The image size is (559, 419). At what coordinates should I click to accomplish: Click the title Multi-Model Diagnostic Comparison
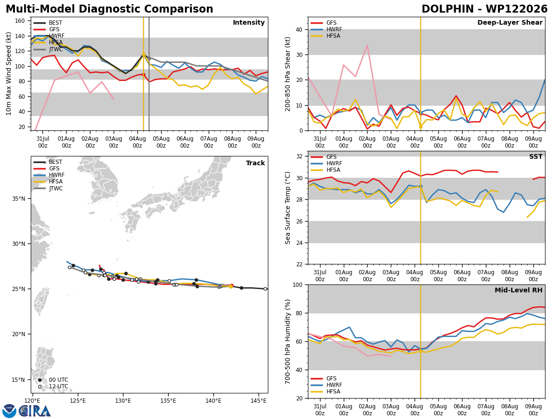(x=109, y=9)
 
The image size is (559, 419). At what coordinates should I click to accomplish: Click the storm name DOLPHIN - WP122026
(x=484, y=9)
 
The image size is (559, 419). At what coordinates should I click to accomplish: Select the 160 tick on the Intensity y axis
(x=20, y=21)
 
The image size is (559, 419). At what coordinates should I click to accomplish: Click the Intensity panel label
(x=249, y=22)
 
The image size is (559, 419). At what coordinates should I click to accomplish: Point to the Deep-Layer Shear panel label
(x=510, y=22)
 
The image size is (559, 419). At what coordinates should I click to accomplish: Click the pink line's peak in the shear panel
(x=367, y=45)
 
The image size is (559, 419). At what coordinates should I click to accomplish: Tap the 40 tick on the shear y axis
(x=299, y=29)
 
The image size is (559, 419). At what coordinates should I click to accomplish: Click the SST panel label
(x=536, y=156)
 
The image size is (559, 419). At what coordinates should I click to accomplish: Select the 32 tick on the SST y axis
(x=299, y=156)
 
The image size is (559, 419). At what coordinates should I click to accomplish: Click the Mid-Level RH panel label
(x=518, y=290)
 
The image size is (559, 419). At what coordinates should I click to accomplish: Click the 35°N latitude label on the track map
(x=19, y=199)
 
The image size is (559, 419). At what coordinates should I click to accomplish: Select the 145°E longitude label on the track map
(x=258, y=401)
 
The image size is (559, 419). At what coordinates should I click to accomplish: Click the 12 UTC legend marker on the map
(x=40, y=386)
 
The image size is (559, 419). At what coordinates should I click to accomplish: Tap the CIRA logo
(x=27, y=411)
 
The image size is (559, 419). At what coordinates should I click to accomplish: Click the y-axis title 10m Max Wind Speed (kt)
(x=8, y=74)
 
